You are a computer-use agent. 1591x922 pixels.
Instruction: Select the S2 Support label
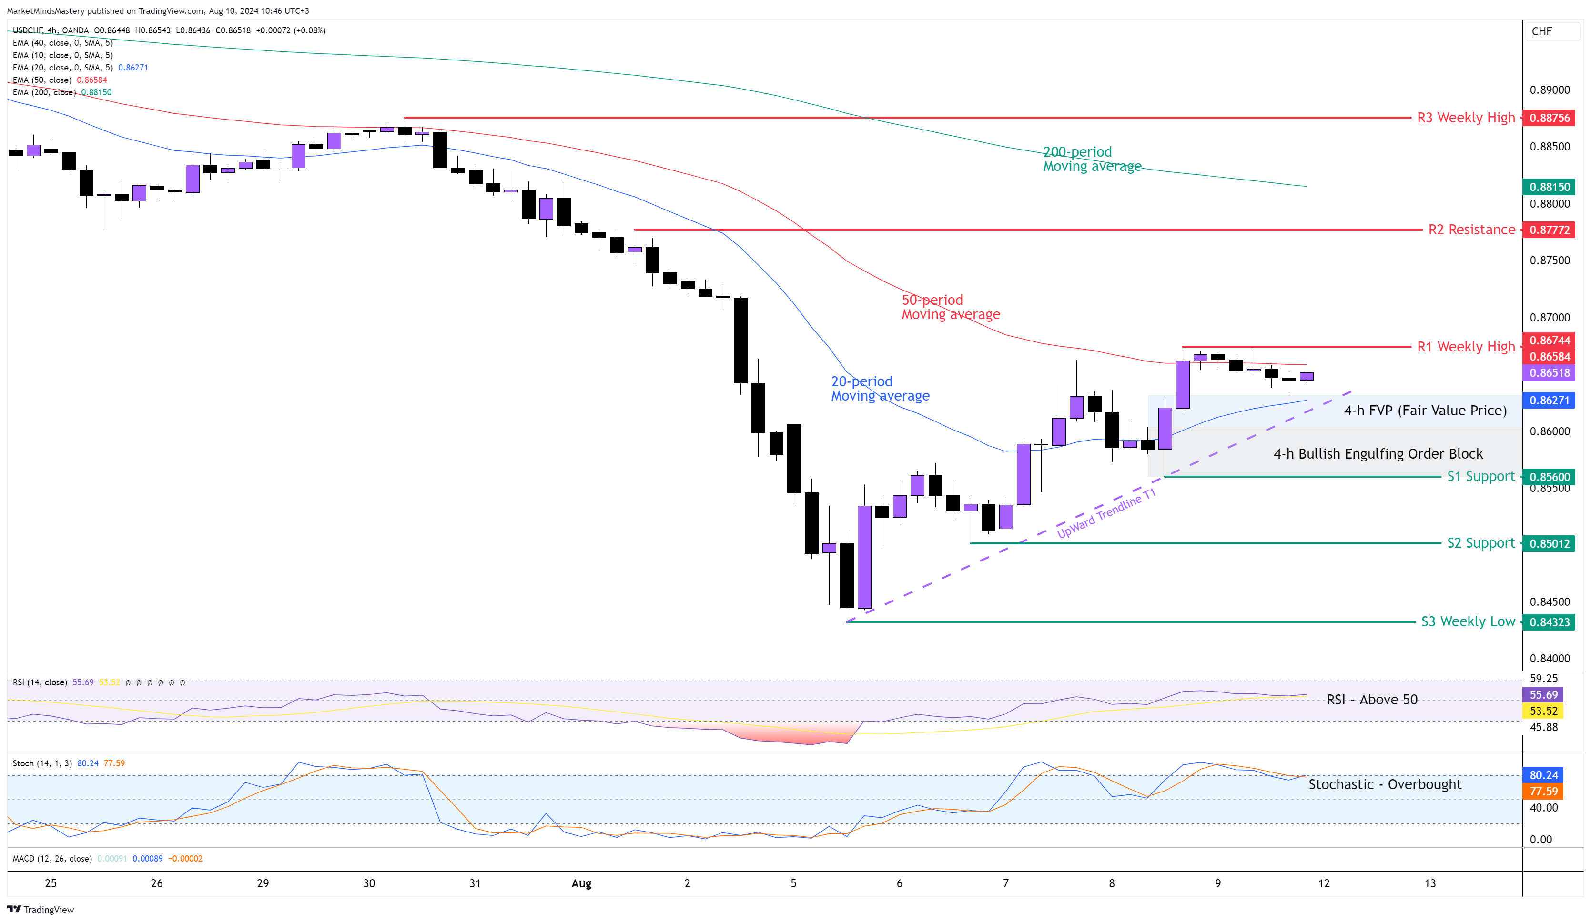[1480, 543]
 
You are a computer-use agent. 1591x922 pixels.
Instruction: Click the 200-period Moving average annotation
[1092, 159]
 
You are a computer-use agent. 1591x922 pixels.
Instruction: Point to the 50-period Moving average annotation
[950, 307]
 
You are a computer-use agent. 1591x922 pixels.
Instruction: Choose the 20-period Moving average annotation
[880, 389]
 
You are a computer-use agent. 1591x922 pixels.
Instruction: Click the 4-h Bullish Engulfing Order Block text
[1378, 454]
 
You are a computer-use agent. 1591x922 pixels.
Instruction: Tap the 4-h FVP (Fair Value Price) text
[1425, 411]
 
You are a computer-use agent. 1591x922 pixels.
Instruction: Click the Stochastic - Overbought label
[1385, 784]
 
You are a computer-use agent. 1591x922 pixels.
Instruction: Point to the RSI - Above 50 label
[1371, 699]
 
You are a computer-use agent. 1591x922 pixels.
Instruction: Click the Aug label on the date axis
[581, 883]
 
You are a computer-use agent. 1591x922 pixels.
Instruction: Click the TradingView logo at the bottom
[41, 909]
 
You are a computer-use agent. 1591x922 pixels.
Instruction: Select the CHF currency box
[1542, 31]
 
